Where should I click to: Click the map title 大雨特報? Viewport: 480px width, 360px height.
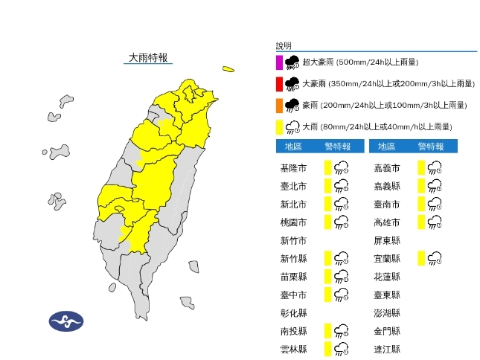(x=148, y=57)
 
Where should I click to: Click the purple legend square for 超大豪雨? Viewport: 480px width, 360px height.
(x=278, y=62)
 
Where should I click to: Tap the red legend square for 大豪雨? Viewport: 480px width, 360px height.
(x=278, y=83)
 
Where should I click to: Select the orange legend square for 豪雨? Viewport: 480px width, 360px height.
(x=278, y=105)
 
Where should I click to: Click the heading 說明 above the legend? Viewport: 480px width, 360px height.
(x=284, y=45)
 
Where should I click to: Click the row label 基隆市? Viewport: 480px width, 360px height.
(x=291, y=167)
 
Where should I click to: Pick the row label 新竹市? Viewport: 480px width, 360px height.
(x=291, y=240)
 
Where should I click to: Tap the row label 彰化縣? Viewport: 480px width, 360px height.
(x=291, y=313)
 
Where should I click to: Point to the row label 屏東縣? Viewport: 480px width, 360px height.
(x=386, y=240)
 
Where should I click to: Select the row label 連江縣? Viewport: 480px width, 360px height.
(x=386, y=349)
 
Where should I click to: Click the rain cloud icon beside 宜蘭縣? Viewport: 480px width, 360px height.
(x=435, y=259)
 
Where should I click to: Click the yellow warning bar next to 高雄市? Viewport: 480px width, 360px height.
(x=420, y=222)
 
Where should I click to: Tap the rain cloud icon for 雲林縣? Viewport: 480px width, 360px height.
(x=342, y=349)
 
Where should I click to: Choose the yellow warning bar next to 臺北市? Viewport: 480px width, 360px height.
(x=327, y=185)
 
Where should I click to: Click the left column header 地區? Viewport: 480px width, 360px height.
(x=291, y=146)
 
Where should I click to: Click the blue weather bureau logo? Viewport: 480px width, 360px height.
(x=66, y=322)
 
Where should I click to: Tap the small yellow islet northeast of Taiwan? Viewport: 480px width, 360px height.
(x=228, y=70)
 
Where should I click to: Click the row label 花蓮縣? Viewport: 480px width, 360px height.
(x=386, y=277)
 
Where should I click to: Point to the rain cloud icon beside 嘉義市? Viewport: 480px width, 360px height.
(x=435, y=167)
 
